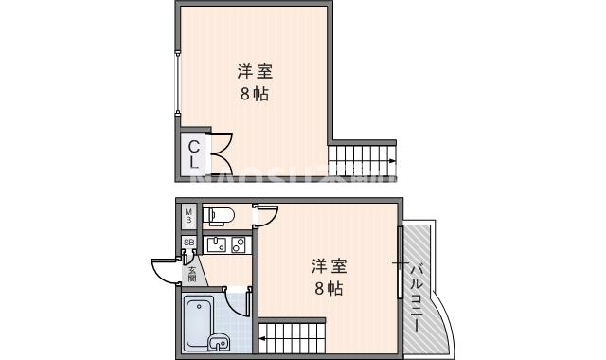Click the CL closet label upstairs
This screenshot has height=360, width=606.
193,153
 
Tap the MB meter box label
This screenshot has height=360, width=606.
188,216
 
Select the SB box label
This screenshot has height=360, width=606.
188,243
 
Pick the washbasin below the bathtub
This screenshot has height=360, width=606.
218,342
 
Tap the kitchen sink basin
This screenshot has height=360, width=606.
216,245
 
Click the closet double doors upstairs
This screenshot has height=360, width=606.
219,153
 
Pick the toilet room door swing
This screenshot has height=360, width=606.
264,217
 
